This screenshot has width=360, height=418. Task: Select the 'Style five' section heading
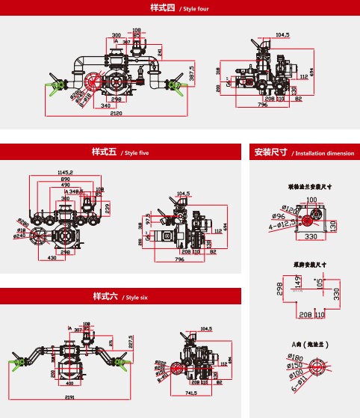[120, 153]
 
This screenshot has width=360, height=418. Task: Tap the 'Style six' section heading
[120, 296]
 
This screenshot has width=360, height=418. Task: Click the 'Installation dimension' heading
[303, 153]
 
